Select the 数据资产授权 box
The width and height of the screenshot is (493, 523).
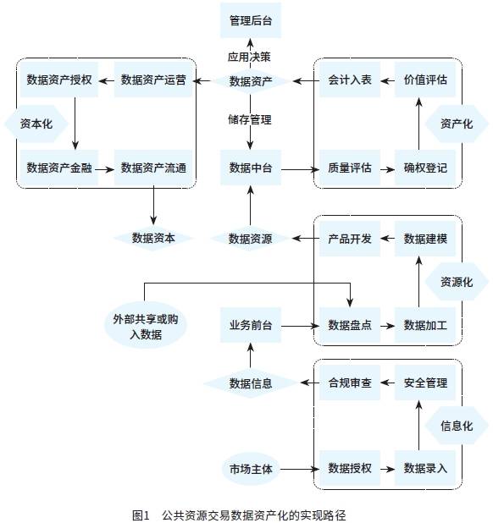pos(59,81)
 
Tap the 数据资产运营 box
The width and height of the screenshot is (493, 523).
pos(153,81)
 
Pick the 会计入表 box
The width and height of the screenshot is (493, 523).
pos(350,81)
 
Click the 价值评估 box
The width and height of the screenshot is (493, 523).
pos(425,81)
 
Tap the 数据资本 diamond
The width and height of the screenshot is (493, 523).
pos(153,239)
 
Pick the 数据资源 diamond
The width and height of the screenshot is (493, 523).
pos(251,239)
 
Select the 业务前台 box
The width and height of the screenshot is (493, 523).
pos(251,325)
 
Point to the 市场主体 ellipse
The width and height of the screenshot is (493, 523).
pos(251,468)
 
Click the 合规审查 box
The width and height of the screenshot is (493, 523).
pos(350,383)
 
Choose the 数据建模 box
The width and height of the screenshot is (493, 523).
pos(425,239)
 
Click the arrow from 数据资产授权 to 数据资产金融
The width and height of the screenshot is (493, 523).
pos(75,124)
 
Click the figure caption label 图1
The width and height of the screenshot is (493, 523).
pos(141,514)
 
